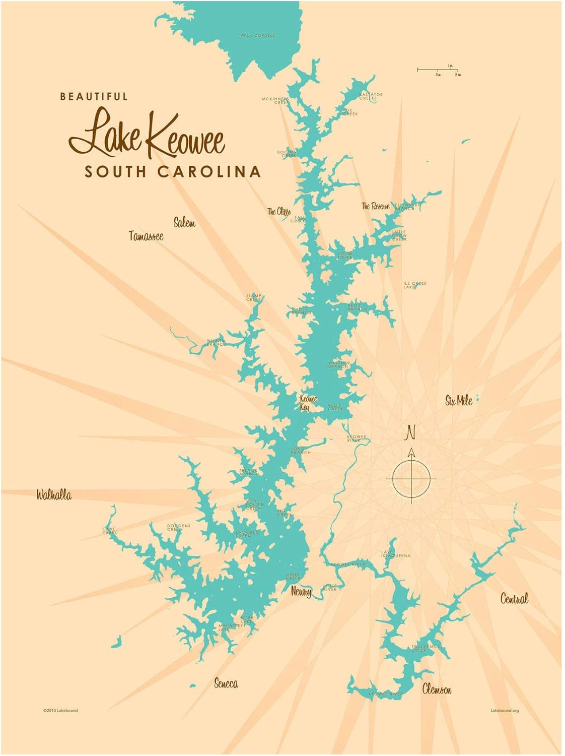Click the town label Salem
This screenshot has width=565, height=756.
pyautogui.click(x=184, y=223)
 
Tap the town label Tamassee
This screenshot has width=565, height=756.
pyautogui.click(x=146, y=236)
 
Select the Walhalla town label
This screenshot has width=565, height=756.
pyautogui.click(x=53, y=495)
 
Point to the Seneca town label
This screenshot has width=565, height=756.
pyautogui.click(x=226, y=683)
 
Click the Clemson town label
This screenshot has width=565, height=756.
pyautogui.click(x=437, y=689)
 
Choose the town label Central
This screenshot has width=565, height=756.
pyautogui.click(x=514, y=599)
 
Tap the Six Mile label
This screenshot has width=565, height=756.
pyautogui.click(x=459, y=401)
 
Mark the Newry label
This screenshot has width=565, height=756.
pyautogui.click(x=301, y=592)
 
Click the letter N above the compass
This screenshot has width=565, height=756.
pyautogui.click(x=411, y=432)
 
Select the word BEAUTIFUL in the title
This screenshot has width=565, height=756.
pyautogui.click(x=94, y=96)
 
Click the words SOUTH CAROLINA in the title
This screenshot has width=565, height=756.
pyautogui.click(x=172, y=171)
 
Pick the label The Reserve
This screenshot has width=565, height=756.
pyautogui.click(x=376, y=206)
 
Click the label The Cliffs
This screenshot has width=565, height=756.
pyautogui.click(x=279, y=211)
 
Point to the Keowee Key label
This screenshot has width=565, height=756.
pyautogui.click(x=308, y=403)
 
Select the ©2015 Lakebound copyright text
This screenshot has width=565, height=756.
pyautogui.click(x=60, y=711)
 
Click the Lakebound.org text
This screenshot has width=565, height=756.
pyautogui.click(x=505, y=711)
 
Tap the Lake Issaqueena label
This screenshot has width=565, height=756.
pyautogui.click(x=395, y=554)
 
